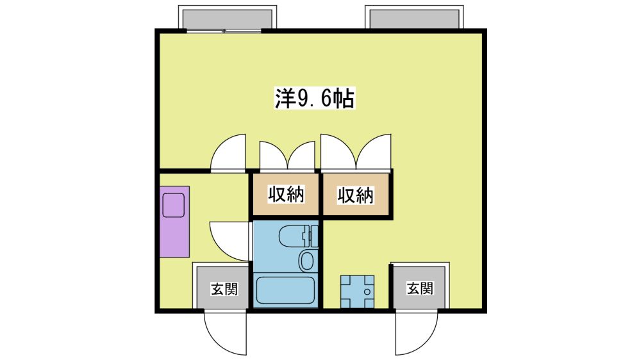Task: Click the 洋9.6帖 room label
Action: click(314, 99)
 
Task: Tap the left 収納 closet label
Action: click(286, 194)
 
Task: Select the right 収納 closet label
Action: click(356, 195)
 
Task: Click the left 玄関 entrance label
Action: click(224, 289)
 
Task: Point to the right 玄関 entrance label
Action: click(420, 288)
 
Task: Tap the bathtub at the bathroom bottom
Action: click(286, 291)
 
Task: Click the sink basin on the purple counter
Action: click(174, 206)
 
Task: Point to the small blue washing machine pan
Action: click(357, 291)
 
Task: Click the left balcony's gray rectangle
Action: click(228, 19)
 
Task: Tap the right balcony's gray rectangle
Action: click(414, 19)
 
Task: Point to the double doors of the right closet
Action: click(356, 152)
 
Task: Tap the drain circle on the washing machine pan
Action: click(367, 291)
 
